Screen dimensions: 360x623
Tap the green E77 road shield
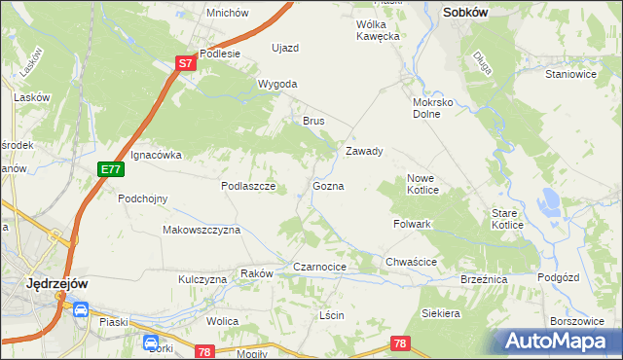pyautogui.click(x=110, y=169)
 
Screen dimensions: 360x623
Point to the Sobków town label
pyautogui.click(x=465, y=13)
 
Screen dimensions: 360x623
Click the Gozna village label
pyautogui.click(x=328, y=186)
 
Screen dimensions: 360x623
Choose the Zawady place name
pyautogui.click(x=365, y=152)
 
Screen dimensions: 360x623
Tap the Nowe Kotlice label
pyautogui.click(x=427, y=184)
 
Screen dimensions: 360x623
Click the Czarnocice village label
pyautogui.click(x=320, y=267)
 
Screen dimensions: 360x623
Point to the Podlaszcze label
pyautogui.click(x=249, y=186)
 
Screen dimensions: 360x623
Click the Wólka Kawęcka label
pyautogui.click(x=379, y=30)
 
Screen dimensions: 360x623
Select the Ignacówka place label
pyautogui.click(x=156, y=155)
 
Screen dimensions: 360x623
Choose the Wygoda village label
pyautogui.click(x=277, y=85)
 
